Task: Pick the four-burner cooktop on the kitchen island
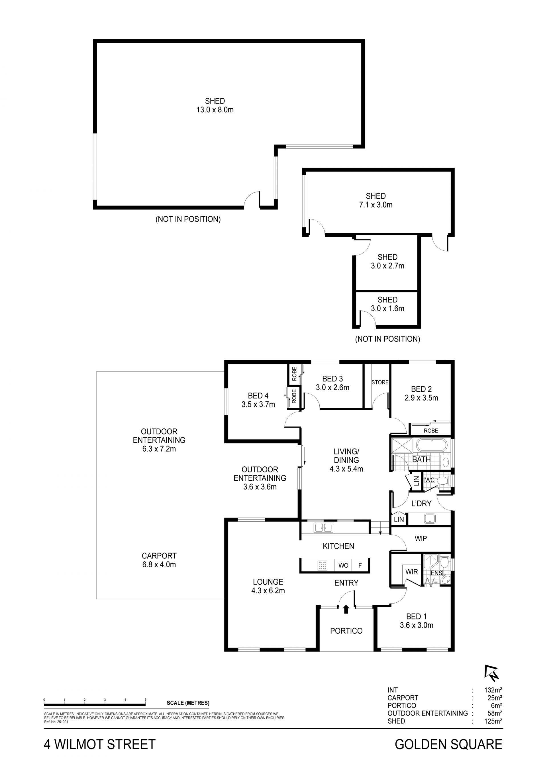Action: [322, 565]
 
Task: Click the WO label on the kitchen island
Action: [343, 566]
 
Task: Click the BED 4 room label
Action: [258, 395]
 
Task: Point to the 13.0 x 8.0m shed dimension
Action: [215, 110]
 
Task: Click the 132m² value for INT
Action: [493, 690]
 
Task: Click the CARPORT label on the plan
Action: [159, 556]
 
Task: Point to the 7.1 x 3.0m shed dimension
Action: [376, 205]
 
